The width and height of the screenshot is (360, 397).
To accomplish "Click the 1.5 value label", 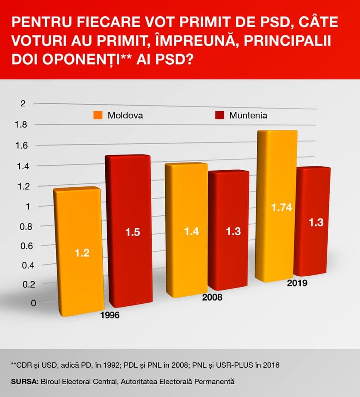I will point(132,232).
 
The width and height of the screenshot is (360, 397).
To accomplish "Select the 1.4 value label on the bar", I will point(191,231).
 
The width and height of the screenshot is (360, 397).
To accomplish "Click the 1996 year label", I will point(109,315).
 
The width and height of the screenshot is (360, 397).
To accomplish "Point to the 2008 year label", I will point(212,297).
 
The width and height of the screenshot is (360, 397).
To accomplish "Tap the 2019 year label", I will point(297,283).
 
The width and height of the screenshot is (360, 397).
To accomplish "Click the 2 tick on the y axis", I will point(23,103).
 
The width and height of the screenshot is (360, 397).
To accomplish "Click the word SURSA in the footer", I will point(24,382).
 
